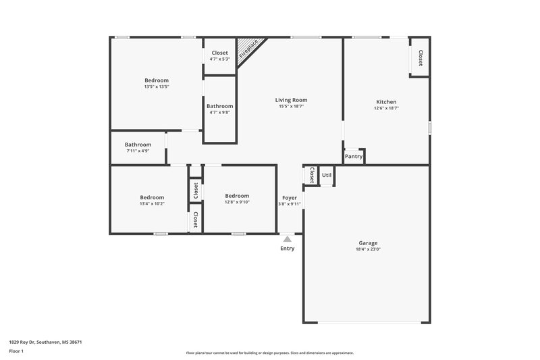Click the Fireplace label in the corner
click(x=252, y=51)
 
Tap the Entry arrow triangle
click(x=288, y=238)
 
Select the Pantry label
click(x=354, y=157)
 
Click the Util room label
click(x=327, y=175)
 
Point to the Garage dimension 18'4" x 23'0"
click(x=368, y=249)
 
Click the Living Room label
click(x=291, y=100)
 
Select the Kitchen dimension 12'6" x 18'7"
click(x=386, y=108)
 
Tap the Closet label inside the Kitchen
click(x=421, y=58)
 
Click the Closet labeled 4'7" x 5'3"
click(x=219, y=59)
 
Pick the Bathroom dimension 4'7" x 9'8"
click(x=220, y=113)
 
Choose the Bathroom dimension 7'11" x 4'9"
click(x=138, y=151)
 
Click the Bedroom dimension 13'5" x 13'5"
click(x=157, y=86)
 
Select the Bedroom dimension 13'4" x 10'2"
click(x=152, y=203)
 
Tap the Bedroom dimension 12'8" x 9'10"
click(x=237, y=202)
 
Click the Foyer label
click(x=290, y=197)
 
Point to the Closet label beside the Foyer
click(x=311, y=176)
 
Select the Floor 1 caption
click(x=17, y=352)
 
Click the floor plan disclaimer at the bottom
click(x=269, y=353)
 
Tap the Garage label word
click(x=368, y=242)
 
